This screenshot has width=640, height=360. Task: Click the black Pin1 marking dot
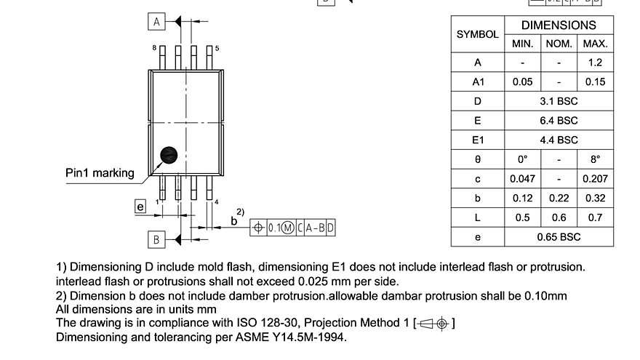[169, 154]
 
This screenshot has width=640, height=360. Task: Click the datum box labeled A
[156, 22]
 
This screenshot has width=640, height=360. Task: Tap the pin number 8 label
[154, 47]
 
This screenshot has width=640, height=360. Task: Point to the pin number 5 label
[217, 47]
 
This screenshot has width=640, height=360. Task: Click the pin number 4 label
[217, 202]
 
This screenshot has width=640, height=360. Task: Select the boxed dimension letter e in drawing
[140, 207]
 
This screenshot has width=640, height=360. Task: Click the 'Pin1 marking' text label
[100, 173]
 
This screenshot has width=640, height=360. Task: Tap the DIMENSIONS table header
[559, 25]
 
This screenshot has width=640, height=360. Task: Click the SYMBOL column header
[477, 34]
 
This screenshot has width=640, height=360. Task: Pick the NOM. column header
[559, 44]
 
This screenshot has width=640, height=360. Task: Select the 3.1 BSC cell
[559, 101]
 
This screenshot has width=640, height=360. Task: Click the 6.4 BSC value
[559, 121]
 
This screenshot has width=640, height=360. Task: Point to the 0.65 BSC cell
[559, 237]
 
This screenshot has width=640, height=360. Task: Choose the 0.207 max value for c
[595, 179]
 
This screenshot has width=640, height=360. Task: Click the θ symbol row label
[477, 159]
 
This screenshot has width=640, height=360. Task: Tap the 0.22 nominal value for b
[559, 198]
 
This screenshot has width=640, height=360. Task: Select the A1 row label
[477, 81]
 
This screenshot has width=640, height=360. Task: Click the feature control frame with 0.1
[292, 228]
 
